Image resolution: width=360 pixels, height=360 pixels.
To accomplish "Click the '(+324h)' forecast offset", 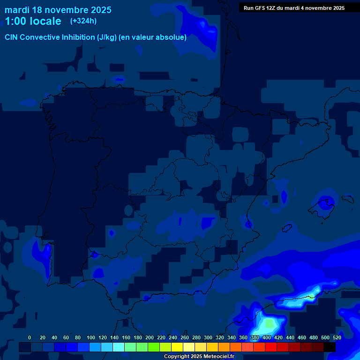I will tap(83, 21).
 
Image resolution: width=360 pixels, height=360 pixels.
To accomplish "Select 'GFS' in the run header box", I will tap(260, 8).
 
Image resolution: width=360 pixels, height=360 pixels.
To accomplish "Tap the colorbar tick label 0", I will tap(30, 337).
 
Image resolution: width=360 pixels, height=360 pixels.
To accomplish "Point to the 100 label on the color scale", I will tap(91, 337).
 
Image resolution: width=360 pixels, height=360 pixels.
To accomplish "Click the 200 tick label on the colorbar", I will tap(150, 337).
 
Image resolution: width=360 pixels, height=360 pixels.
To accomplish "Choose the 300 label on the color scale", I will tap(208, 337).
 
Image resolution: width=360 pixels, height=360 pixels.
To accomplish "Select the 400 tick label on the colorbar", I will tap(267, 337).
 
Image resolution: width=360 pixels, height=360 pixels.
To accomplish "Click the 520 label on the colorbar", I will tap(337, 337).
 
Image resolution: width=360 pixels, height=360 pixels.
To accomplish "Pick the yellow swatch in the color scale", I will tap(177, 347).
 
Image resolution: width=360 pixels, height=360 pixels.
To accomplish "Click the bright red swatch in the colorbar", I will tap(271, 347).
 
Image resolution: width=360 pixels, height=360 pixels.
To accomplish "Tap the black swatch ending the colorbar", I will tap(330, 347).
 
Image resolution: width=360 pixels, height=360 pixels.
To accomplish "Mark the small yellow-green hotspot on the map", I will tap(312, 296).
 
